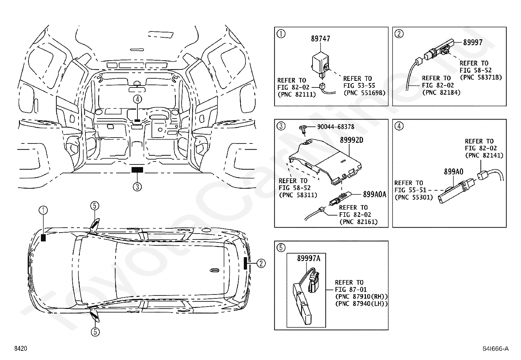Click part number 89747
tap(320, 39)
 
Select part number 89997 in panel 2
tap(473, 42)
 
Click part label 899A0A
tap(374, 195)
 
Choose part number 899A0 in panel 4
tap(453, 172)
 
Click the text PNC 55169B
tap(364, 93)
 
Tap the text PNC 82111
tap(297, 94)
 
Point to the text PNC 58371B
tap(481, 77)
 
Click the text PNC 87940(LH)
tap(361, 304)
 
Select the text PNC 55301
tap(414, 197)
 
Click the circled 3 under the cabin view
tap(137, 187)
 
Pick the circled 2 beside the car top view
tap(261, 263)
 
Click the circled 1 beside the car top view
tap(43, 210)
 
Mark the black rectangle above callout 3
tap(137, 170)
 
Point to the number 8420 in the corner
tap(20, 349)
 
